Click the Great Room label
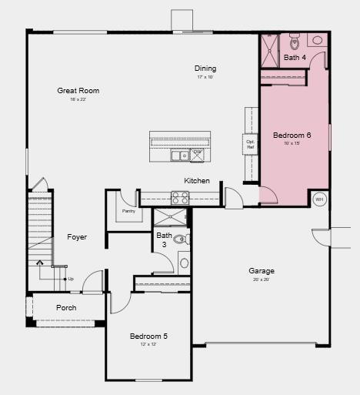(x=78, y=91)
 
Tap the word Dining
(x=205, y=69)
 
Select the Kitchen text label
(x=197, y=181)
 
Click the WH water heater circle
(x=320, y=199)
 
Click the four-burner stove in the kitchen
(x=179, y=198)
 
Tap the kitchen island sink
(x=180, y=156)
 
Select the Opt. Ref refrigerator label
(x=250, y=144)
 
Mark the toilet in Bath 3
(x=180, y=239)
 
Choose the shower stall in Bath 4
(x=269, y=51)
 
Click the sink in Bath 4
(x=318, y=41)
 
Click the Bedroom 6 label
(x=292, y=136)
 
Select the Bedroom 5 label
(x=148, y=336)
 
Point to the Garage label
(x=262, y=271)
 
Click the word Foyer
(x=77, y=237)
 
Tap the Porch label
(x=66, y=308)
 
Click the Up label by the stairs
(x=71, y=279)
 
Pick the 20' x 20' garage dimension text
(x=262, y=280)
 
